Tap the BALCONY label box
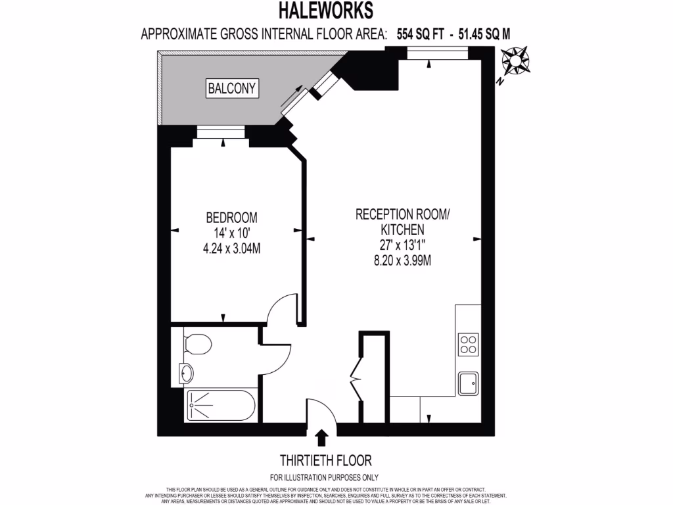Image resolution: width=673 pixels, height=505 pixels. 232,87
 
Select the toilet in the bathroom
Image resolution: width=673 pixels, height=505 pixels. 197,344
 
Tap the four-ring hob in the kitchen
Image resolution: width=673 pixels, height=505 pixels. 469,344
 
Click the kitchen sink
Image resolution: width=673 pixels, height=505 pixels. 469,383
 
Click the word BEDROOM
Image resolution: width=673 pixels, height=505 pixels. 231,217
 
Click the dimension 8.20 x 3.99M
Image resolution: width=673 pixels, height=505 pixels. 402,260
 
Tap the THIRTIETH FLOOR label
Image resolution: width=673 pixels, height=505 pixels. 321,460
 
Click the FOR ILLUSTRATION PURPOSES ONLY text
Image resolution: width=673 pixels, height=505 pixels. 324,477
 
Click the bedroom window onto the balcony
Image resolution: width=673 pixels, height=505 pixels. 220,134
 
